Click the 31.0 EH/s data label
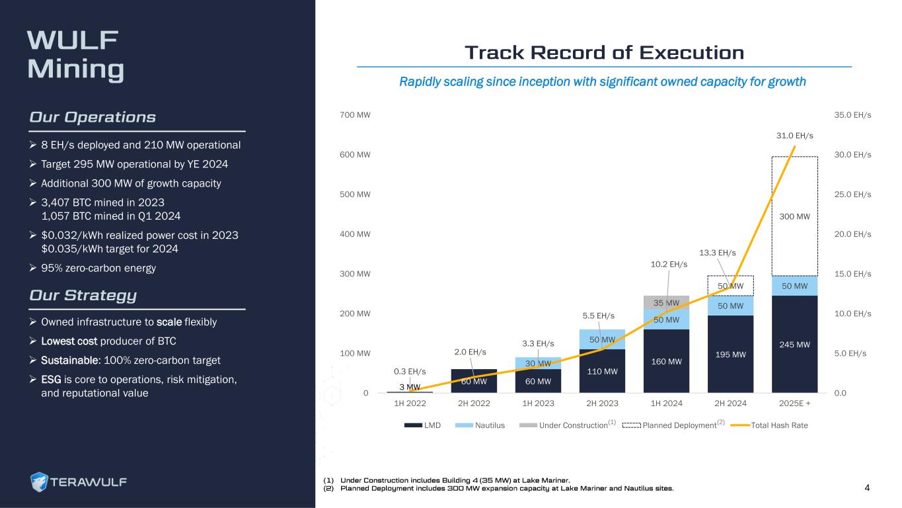click(x=794, y=136)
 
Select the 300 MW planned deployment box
click(x=794, y=216)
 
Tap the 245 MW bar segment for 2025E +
click(x=794, y=345)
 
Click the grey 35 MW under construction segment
click(x=666, y=302)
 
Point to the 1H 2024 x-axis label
click(x=666, y=403)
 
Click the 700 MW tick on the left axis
click(x=355, y=115)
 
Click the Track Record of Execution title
click(x=604, y=52)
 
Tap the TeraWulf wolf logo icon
click(x=40, y=482)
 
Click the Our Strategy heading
click(x=83, y=295)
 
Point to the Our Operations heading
click(x=93, y=117)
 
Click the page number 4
click(x=867, y=488)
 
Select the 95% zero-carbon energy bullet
click(x=100, y=268)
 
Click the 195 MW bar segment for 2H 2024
click(x=730, y=355)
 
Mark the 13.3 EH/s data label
click(x=717, y=253)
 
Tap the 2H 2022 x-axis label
click(x=474, y=403)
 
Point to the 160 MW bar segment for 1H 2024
click(x=666, y=361)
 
